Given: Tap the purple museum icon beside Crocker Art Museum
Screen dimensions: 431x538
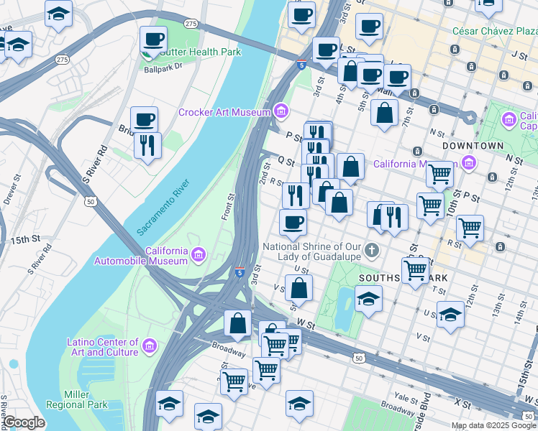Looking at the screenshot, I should [x=281, y=111].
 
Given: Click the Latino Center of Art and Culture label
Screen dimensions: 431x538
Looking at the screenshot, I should [x=103, y=347].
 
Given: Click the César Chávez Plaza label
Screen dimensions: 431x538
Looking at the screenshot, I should [x=493, y=31].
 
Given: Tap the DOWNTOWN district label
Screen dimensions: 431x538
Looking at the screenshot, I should [x=473, y=145].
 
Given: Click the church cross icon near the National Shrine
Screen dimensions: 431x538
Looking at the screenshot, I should [x=371, y=251].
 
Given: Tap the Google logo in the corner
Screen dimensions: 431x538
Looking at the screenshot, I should [x=24, y=423].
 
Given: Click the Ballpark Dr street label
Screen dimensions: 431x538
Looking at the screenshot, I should [x=164, y=70].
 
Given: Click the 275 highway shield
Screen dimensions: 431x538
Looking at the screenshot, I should [x=191, y=24].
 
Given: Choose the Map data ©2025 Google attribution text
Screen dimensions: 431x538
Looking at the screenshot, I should [x=493, y=425].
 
